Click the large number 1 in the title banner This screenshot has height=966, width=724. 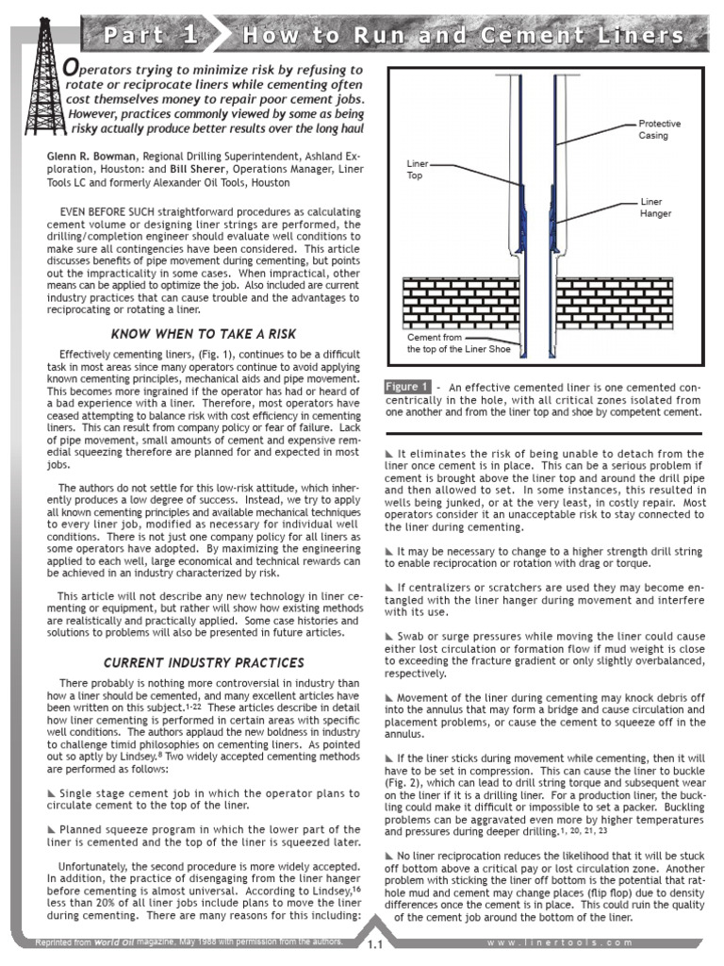tap(189, 36)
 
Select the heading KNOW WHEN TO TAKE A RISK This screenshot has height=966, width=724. tap(204, 334)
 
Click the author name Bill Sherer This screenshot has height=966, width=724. tap(251, 168)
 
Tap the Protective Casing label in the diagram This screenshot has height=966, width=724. tap(659, 129)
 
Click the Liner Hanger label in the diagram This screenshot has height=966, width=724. tap(656, 208)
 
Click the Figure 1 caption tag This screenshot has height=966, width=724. tap(407, 387)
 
